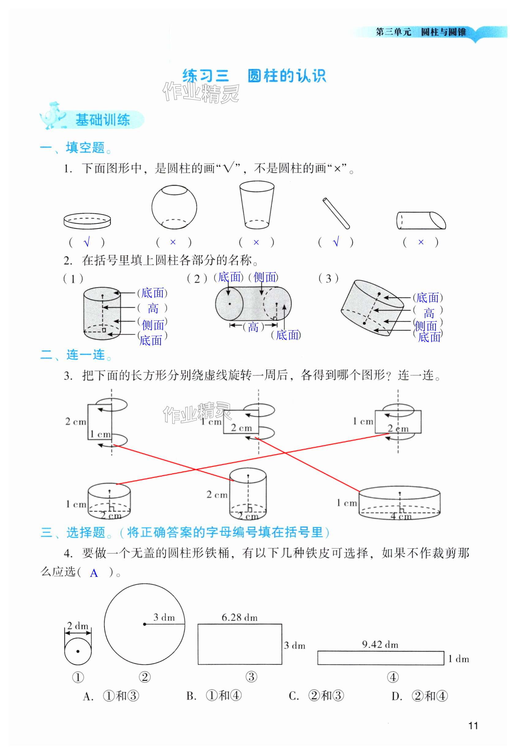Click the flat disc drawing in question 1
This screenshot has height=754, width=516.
[x=87, y=221]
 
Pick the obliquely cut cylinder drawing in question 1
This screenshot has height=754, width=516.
[x=421, y=220]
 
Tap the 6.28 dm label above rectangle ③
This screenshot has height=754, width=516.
[x=239, y=617]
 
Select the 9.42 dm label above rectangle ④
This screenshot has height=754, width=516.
[x=380, y=644]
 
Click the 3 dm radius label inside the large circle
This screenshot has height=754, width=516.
[x=164, y=617]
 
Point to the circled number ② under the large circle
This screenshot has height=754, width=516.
[x=145, y=677]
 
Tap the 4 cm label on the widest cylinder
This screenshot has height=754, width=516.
[x=400, y=516]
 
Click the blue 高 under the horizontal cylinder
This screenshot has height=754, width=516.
[x=253, y=327]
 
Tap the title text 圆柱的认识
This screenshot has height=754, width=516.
[x=286, y=76]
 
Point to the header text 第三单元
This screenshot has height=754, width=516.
[x=393, y=32]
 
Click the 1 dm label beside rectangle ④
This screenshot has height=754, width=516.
[x=458, y=659]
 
